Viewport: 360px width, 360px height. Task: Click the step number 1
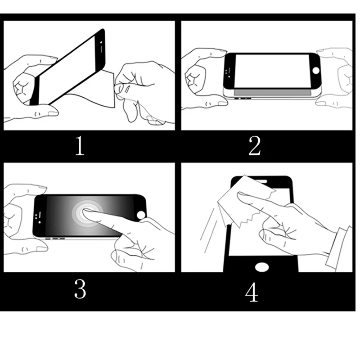click(80, 145)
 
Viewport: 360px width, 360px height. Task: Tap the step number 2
click(255, 145)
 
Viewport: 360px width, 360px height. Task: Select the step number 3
click(80, 288)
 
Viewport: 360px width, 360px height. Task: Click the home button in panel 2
click(316, 71)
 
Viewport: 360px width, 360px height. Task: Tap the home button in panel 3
click(141, 215)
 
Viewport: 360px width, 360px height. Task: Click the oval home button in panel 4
click(262, 267)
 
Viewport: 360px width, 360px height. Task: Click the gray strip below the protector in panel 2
click(273, 92)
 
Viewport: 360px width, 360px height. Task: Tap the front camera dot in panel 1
click(101, 42)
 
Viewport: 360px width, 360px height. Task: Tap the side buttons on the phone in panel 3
click(55, 239)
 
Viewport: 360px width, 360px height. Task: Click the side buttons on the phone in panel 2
click(243, 99)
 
